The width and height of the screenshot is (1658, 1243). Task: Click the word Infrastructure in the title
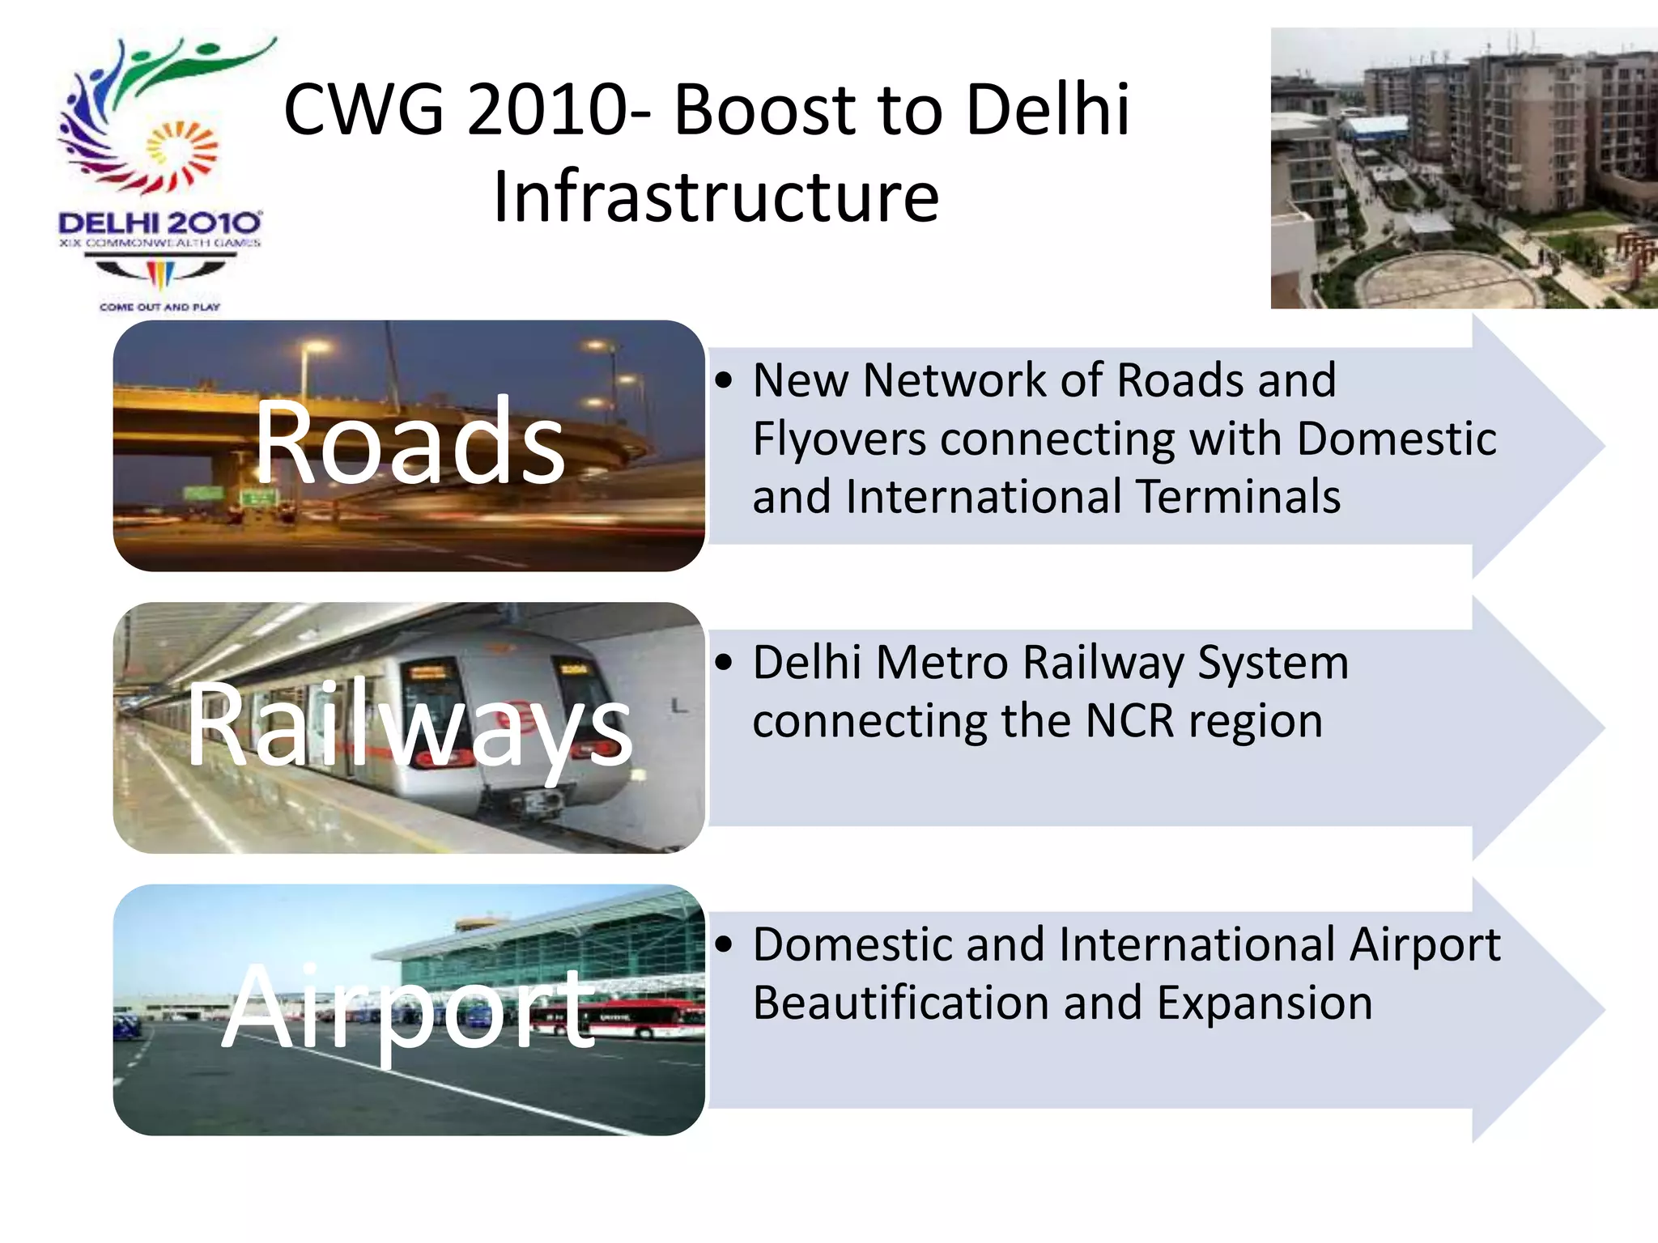pyautogui.click(x=716, y=197)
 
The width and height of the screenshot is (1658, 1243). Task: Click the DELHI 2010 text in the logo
pyautogui.click(x=159, y=223)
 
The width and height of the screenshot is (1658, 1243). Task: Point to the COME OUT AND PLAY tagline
pyautogui.click(x=159, y=308)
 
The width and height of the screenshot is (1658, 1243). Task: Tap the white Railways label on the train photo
pyautogui.click(x=410, y=724)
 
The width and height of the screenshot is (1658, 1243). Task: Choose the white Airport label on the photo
pyautogui.click(x=410, y=1008)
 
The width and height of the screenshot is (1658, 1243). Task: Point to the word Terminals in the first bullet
pyautogui.click(x=1238, y=497)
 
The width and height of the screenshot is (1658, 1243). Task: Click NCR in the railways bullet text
pyautogui.click(x=1129, y=721)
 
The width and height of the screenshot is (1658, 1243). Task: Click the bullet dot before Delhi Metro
pyautogui.click(x=725, y=663)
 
